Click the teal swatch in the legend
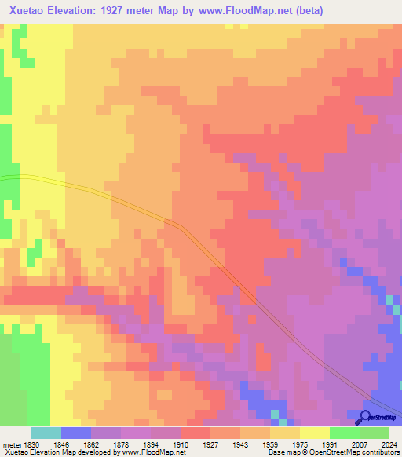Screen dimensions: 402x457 tap(46, 433)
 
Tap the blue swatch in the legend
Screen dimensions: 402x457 tap(75, 433)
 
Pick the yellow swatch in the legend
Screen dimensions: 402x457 tap(314, 433)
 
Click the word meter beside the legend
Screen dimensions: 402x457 tap(11, 444)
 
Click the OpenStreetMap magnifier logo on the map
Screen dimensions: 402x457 tap(364, 417)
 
